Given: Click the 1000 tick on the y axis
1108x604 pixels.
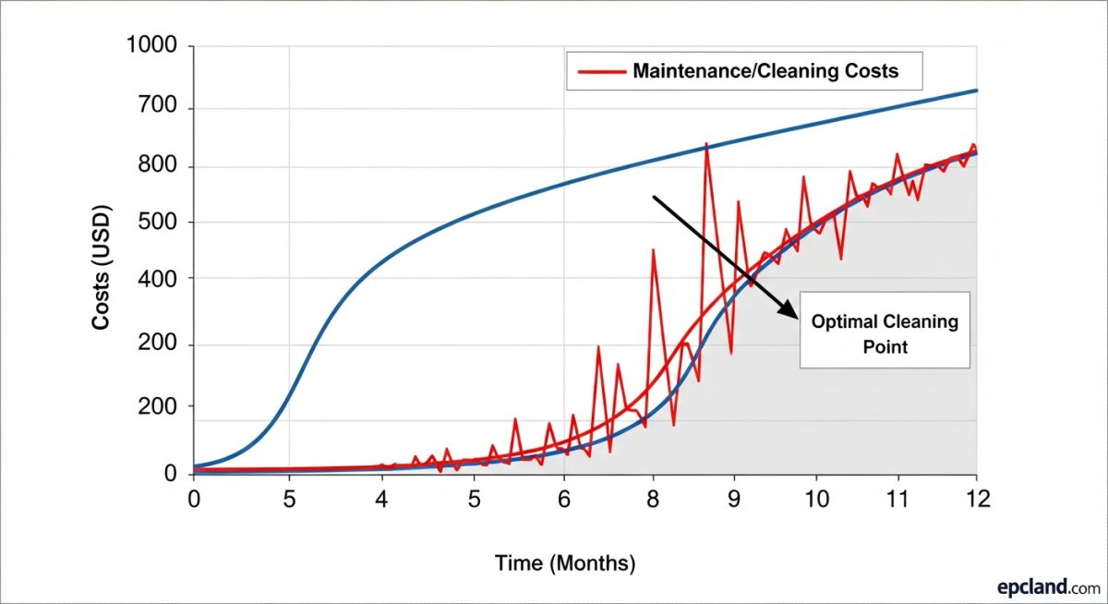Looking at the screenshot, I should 159,47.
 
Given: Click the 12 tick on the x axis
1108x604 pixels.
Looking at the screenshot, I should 977,499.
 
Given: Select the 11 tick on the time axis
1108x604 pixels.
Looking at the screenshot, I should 897,499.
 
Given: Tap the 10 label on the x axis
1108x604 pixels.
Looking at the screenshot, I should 815,499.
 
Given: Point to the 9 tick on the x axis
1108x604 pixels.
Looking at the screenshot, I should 734,499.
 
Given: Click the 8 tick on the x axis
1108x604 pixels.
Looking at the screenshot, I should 654,499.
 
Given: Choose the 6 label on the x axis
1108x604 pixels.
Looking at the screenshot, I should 563,499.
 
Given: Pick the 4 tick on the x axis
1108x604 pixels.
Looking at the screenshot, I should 381,499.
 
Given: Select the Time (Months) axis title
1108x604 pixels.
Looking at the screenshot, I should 565,562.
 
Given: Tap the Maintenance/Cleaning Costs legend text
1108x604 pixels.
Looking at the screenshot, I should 765,71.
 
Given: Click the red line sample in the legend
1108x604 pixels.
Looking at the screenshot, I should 599,71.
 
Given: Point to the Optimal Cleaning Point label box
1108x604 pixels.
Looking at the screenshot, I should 885,330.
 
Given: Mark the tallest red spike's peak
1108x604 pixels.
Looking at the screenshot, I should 706,144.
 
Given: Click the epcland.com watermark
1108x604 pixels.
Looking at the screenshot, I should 1048,586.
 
